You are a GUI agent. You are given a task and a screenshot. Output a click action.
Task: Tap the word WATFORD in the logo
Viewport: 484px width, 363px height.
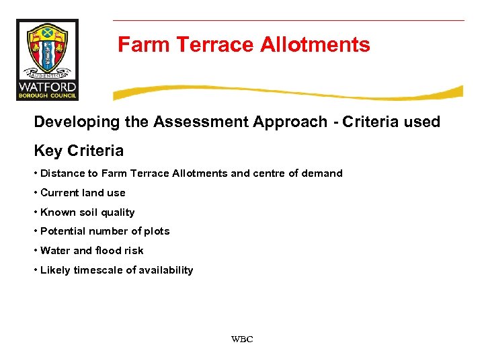click(47, 87)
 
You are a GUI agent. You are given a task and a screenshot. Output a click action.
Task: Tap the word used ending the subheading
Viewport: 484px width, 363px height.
click(421, 122)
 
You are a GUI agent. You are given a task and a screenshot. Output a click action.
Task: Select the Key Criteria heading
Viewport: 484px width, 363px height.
click(79, 150)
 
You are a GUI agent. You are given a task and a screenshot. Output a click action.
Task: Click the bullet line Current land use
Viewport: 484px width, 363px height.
click(83, 193)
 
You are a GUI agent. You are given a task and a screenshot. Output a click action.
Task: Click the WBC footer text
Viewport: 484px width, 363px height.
click(242, 339)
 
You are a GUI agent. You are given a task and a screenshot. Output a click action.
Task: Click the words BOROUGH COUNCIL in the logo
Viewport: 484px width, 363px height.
click(47, 96)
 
